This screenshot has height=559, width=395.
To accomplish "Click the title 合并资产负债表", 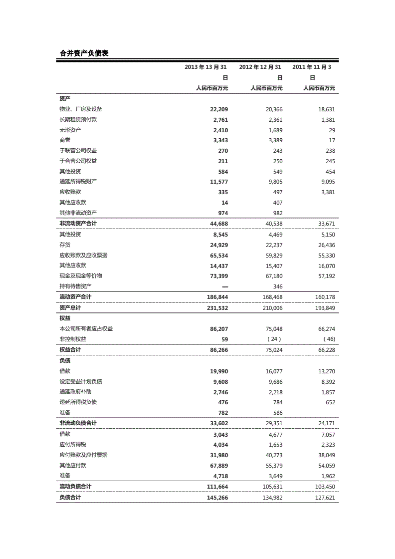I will tap(84, 53).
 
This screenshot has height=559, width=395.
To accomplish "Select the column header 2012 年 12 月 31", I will tap(260, 67).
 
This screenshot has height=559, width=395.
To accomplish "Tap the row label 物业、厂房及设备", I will tap(81, 109).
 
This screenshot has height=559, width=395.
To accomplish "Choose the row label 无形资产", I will tap(70, 130).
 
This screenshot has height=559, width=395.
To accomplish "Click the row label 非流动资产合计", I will tap(78, 224).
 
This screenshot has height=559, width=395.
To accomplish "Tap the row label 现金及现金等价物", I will tap(81, 276).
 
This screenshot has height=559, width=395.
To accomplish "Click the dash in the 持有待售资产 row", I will tap(224, 286).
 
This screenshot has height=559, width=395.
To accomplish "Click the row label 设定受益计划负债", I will tap(81, 382).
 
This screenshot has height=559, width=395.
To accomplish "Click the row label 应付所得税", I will tap(73, 445).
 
